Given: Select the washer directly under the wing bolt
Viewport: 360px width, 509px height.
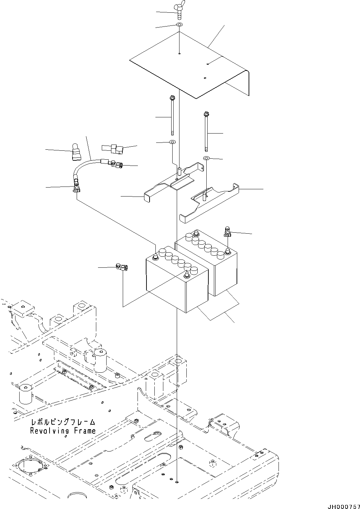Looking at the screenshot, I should tap(180, 25).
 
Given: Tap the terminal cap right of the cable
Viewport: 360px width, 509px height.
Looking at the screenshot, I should tap(112, 148).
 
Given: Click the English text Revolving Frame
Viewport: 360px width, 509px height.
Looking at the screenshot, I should tap(63, 431).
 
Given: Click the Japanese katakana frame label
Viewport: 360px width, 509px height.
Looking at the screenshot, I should tap(63, 422).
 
